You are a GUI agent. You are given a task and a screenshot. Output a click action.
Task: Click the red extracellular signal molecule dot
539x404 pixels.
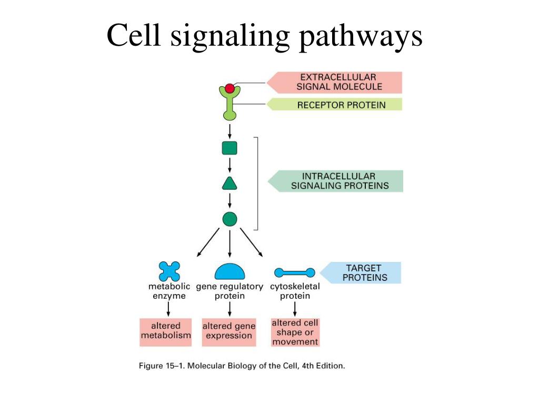click(x=229, y=88)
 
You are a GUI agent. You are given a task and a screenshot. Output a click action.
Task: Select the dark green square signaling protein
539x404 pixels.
click(x=229, y=148)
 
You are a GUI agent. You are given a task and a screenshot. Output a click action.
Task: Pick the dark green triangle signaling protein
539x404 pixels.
click(x=229, y=184)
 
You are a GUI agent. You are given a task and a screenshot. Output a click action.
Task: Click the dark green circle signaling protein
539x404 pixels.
click(x=229, y=219)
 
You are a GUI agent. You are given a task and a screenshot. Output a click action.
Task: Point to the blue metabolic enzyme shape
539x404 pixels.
click(x=169, y=271)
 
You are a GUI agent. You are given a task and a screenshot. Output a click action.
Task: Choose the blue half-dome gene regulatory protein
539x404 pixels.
click(x=229, y=271)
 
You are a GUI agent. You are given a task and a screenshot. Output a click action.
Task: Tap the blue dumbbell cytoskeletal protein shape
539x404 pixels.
click(x=295, y=273)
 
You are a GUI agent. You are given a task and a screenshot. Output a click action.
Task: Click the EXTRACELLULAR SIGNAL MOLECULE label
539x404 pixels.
click(x=340, y=82)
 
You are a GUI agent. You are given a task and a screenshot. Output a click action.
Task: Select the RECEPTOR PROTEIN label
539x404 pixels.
click(x=341, y=105)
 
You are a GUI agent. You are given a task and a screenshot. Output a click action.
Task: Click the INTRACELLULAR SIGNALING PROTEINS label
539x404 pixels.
click(x=340, y=181)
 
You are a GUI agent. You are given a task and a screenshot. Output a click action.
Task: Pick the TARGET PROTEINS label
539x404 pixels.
click(x=364, y=273)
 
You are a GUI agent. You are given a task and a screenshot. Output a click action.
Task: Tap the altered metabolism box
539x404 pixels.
click(x=166, y=332)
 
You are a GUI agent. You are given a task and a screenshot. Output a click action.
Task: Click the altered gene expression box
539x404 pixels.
click(x=229, y=332)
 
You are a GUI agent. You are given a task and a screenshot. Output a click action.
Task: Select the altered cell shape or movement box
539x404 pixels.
click(x=295, y=332)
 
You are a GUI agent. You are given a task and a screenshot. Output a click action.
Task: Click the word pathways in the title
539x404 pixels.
click(x=361, y=37)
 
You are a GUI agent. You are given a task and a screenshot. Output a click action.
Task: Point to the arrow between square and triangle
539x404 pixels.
click(x=229, y=165)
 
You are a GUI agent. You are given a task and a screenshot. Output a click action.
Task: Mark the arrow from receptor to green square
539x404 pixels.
click(x=229, y=132)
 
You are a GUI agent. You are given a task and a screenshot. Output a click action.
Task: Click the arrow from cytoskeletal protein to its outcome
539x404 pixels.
click(x=295, y=309)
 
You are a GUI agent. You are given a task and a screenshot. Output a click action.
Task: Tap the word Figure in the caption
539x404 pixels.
click(x=151, y=366)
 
